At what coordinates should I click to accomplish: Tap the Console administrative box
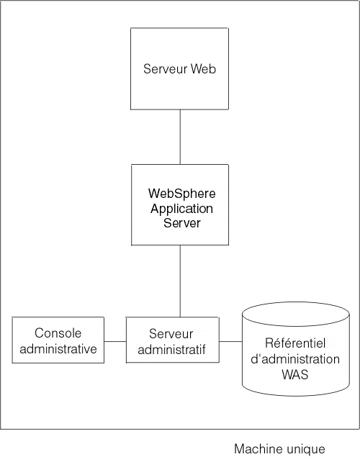(58, 340)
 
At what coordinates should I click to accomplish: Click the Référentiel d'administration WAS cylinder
(291, 350)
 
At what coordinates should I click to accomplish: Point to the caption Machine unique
(279, 448)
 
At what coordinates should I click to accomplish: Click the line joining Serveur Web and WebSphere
(180, 137)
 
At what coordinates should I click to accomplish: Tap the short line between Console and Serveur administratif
(115, 341)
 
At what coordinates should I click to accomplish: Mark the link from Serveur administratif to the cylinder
(230, 341)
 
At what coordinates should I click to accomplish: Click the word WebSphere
(181, 194)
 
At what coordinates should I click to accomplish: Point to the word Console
(58, 333)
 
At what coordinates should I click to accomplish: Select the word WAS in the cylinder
(292, 374)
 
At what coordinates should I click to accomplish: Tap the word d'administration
(292, 358)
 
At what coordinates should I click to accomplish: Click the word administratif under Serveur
(172, 350)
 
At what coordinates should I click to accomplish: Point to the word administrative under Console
(58, 350)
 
